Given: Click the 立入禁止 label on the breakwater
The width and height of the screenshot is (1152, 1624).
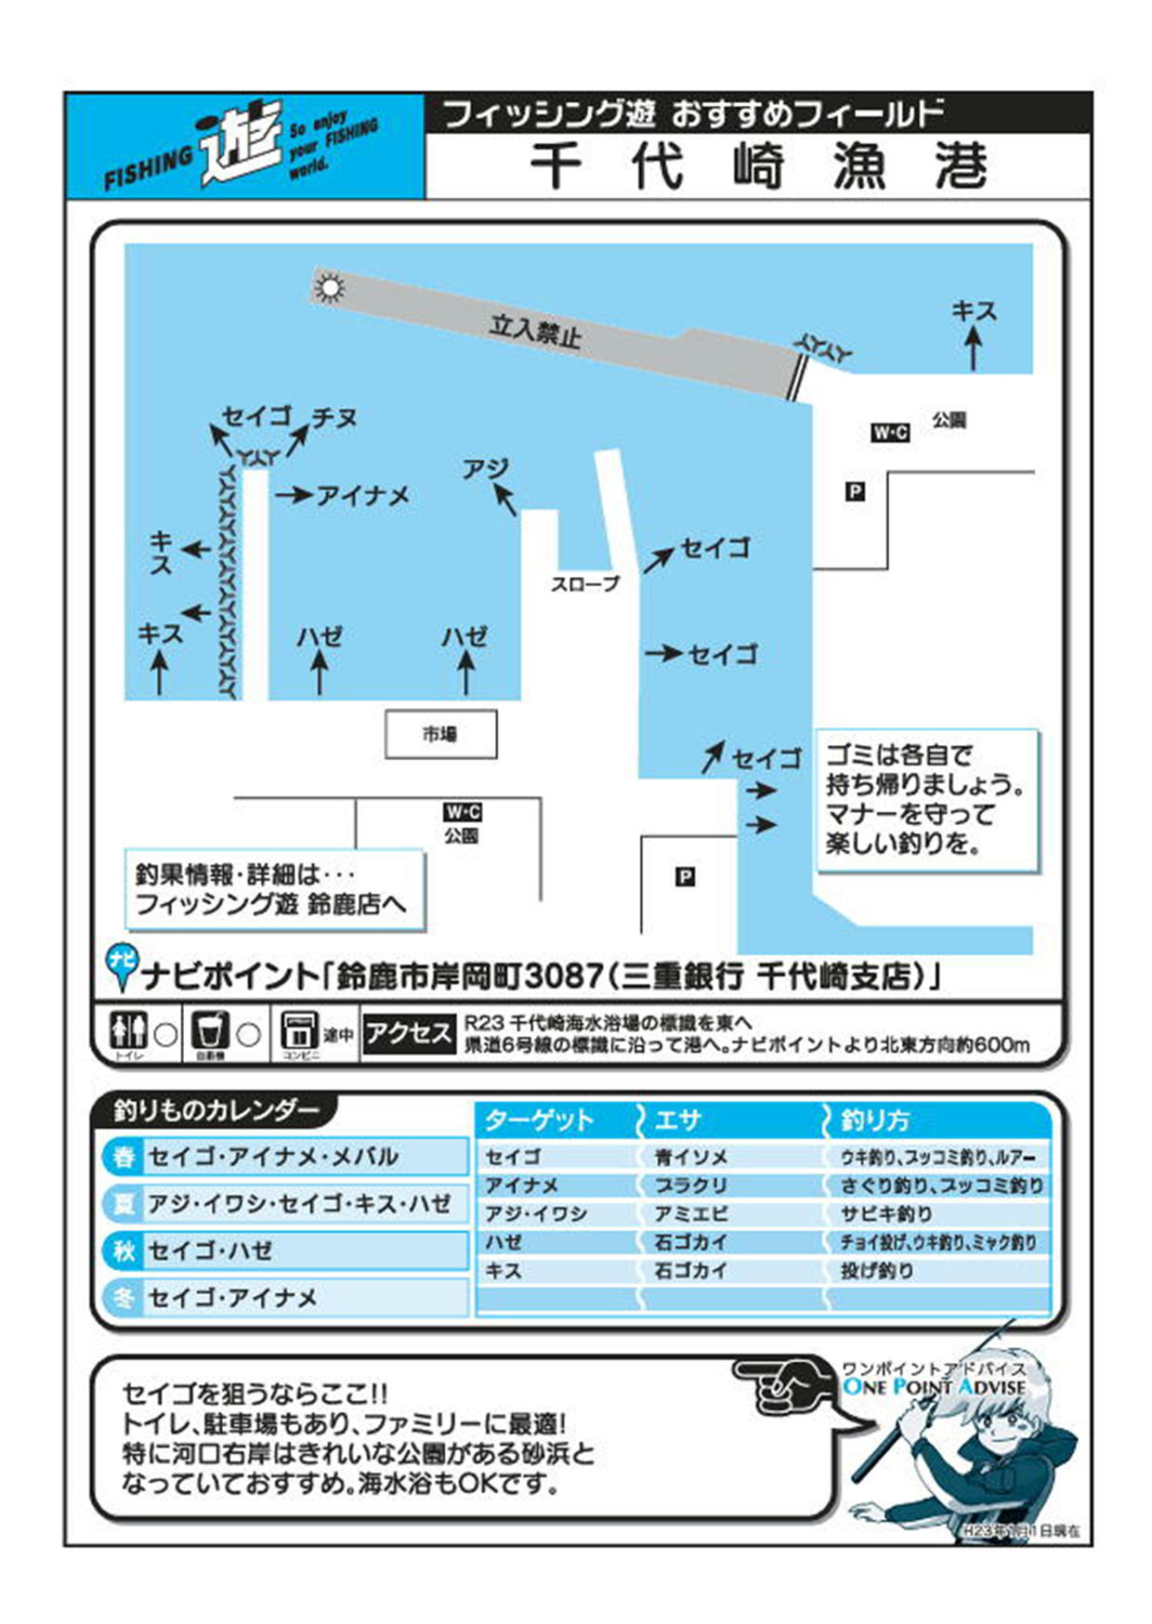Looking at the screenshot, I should (535, 330).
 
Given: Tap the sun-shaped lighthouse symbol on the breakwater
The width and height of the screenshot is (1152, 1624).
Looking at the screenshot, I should (329, 287).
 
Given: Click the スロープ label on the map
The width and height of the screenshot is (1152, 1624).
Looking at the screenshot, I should (584, 584).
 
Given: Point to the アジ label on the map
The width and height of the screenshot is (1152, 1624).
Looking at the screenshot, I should (486, 469).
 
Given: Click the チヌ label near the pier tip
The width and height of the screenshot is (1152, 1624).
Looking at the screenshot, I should (334, 418).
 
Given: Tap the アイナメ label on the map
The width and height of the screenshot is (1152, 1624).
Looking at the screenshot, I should (363, 496).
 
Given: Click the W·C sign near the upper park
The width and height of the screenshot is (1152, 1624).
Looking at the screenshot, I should (889, 432).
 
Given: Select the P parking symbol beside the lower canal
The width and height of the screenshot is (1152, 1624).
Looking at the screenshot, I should (685, 876).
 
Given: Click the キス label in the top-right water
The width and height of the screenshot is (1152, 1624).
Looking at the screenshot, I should (974, 311).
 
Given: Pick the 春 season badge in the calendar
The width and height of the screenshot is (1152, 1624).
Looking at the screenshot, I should (124, 1157).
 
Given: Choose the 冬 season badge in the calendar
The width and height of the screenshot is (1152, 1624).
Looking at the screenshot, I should (124, 1297).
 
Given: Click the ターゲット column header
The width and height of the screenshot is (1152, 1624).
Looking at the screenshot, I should (539, 1120).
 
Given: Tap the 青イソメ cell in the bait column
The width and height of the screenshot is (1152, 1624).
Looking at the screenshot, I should (691, 1157).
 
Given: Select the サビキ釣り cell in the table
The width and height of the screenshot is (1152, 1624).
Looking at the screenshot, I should (886, 1213).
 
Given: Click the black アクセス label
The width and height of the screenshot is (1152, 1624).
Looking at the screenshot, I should (408, 1033).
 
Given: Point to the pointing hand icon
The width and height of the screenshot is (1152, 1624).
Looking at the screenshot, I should (785, 1384).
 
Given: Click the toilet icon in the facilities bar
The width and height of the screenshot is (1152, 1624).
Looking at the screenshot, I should (128, 1030).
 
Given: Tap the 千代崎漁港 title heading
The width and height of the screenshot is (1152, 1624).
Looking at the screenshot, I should (757, 167).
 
